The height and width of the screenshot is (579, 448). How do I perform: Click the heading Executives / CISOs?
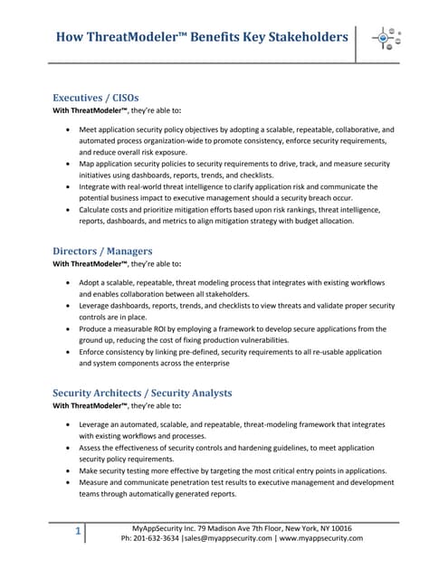pos(96,97)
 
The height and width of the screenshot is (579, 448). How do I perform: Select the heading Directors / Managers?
pos(102,250)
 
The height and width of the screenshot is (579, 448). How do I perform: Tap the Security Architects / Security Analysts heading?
pos(142,393)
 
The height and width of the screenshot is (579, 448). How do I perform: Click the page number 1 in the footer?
pos(78,531)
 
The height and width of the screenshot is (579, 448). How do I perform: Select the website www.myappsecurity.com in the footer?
pos(320,537)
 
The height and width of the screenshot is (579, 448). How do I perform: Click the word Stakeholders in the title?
pos(298,37)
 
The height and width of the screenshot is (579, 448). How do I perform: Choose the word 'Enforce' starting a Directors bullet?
pos(95,351)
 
